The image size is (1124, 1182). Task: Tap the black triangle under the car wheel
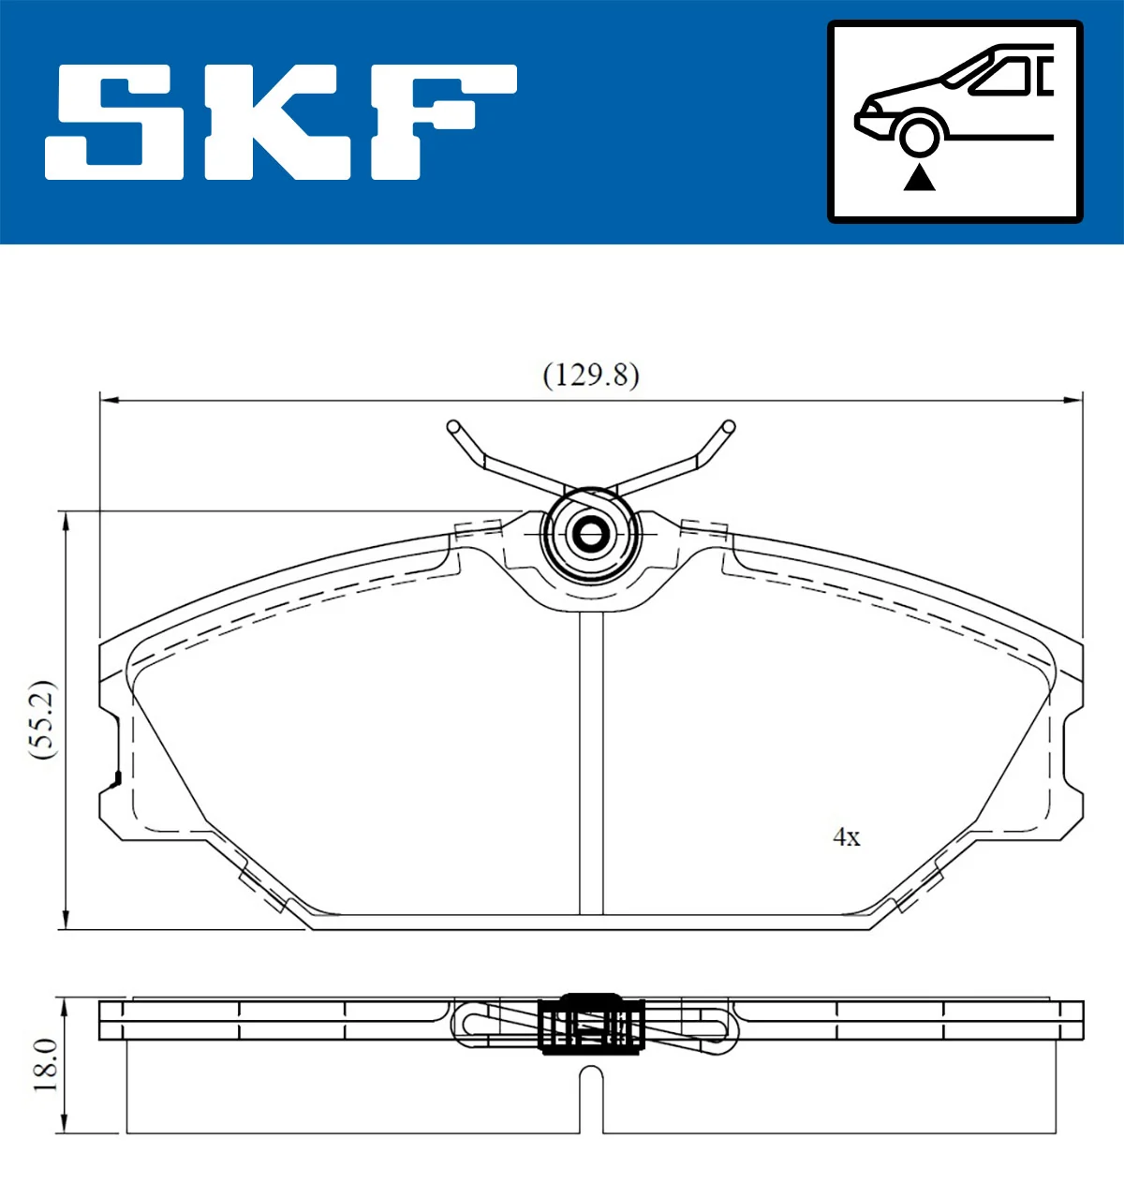click(x=919, y=177)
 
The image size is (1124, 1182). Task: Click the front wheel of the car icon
click(x=919, y=135)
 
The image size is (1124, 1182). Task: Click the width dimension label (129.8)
click(x=591, y=375)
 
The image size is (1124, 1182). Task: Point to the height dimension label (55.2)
click(x=43, y=719)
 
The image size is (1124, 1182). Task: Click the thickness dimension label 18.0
click(x=45, y=1065)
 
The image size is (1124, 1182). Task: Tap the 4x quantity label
click(x=846, y=837)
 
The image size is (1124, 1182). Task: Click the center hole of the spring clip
click(x=590, y=535)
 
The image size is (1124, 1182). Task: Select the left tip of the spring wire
click(x=453, y=427)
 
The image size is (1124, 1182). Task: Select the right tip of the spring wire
click(x=728, y=427)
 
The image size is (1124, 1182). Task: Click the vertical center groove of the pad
click(x=591, y=759)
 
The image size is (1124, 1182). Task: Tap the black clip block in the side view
click(x=591, y=1024)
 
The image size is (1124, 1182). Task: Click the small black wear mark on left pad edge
click(x=117, y=778)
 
